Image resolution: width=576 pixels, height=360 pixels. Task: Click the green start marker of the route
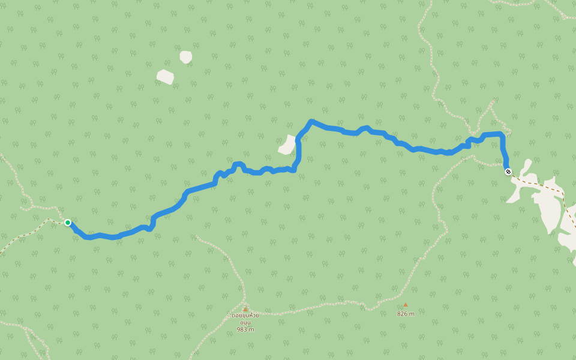tap(68, 223)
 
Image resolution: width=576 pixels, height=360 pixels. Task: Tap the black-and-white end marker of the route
tap(508, 172)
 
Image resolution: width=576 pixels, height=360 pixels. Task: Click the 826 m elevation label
tap(406, 313)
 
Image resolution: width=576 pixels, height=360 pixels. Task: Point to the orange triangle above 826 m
tap(405, 305)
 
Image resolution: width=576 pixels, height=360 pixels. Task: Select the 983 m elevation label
tap(245, 329)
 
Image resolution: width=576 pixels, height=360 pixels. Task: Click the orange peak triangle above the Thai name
tap(245, 309)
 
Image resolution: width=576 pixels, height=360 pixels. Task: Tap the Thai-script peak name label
tap(245, 319)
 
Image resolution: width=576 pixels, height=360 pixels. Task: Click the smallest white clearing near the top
tap(186, 57)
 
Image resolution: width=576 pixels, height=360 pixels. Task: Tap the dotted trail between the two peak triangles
tap(324, 307)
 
